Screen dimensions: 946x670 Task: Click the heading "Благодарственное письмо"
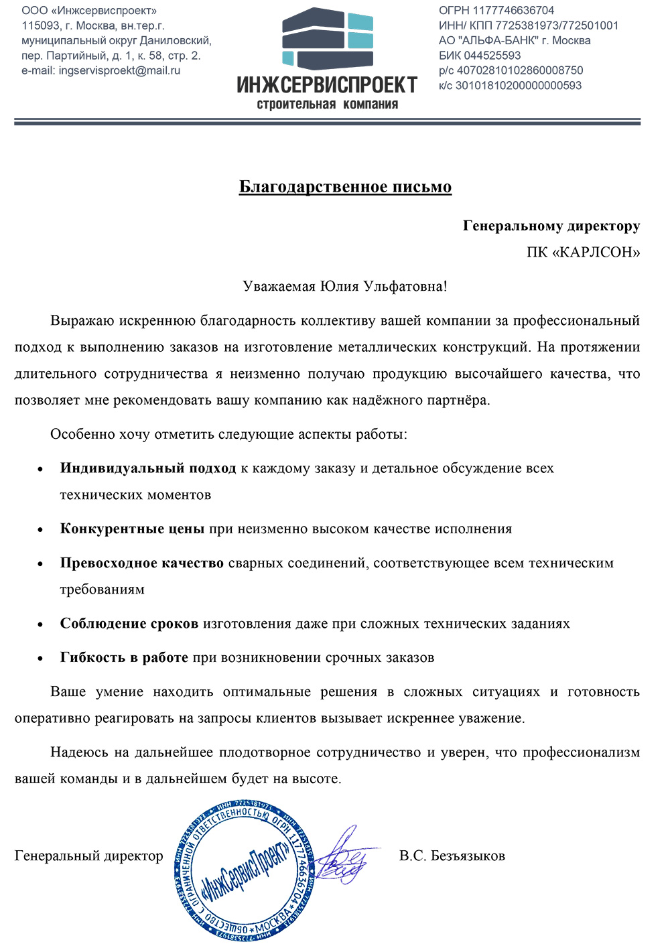point(345,186)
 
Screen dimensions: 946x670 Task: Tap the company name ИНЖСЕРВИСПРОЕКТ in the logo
point(327,85)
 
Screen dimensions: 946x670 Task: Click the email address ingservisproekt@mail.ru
point(119,70)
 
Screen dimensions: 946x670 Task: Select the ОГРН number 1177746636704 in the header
point(514,11)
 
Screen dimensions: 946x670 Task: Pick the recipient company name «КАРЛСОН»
point(596,253)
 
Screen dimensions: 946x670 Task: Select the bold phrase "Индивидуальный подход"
point(148,468)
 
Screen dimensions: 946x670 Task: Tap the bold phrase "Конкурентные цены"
point(132,529)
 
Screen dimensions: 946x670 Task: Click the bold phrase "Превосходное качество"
point(141,563)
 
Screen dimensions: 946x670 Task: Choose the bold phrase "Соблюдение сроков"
point(129,624)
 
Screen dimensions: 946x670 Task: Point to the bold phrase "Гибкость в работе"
point(124,657)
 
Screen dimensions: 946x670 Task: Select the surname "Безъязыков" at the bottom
point(468,856)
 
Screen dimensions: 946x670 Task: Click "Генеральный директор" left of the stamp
point(89,856)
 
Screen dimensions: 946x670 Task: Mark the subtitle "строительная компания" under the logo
point(327,105)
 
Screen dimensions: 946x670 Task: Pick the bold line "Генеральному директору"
point(551,226)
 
